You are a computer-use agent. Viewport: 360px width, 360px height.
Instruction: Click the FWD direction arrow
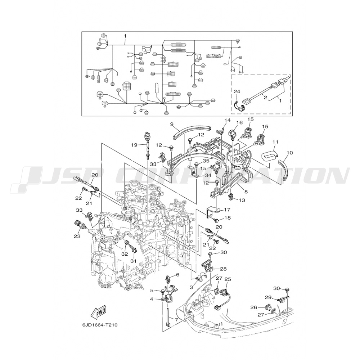[x=99, y=312]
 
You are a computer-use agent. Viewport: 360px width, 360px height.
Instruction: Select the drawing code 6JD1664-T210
[x=100, y=325]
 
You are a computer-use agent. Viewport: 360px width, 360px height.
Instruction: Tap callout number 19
[x=134, y=145]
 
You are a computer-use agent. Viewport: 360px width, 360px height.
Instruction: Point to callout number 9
[x=172, y=125]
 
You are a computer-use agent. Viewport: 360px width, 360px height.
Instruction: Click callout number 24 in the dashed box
[x=237, y=92]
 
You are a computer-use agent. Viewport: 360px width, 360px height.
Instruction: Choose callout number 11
[x=275, y=142]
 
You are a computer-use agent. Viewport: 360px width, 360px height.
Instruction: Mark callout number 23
[x=77, y=236]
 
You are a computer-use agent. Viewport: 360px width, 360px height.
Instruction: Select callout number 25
[x=227, y=279]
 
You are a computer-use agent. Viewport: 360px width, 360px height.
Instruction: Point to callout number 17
[x=228, y=210]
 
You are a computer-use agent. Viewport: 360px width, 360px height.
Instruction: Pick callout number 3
[x=192, y=288]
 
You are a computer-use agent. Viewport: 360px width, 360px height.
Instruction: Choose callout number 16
[x=239, y=123]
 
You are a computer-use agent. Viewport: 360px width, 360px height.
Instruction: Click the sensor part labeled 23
[x=80, y=226]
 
